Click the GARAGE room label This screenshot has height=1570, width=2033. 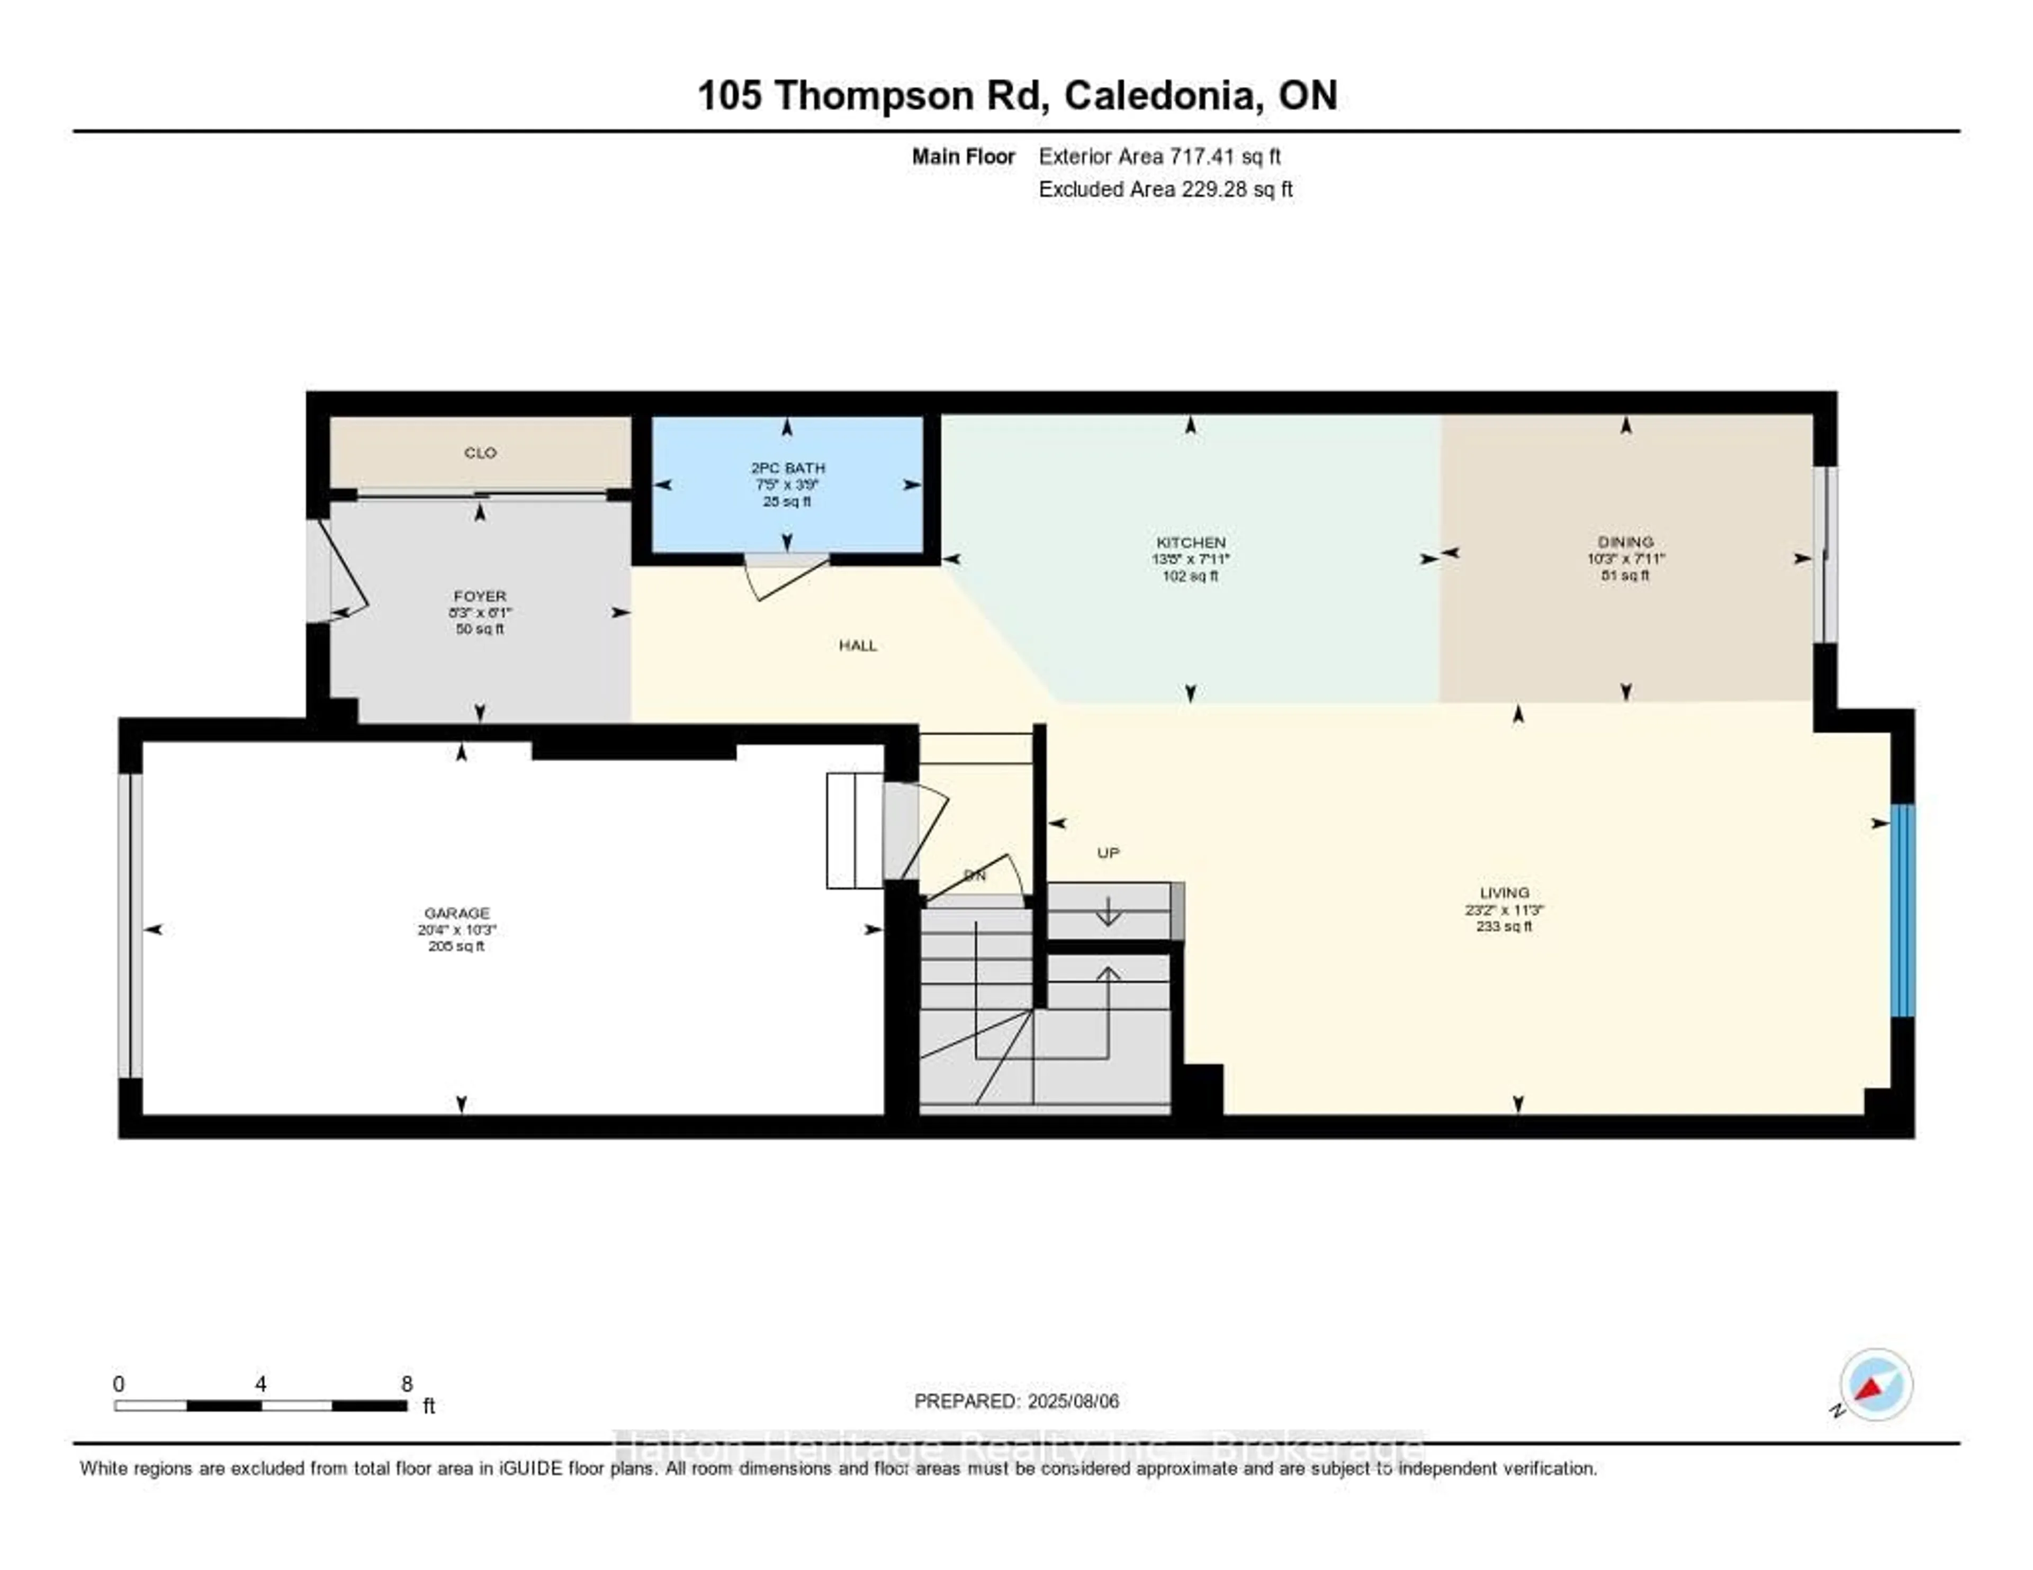pos(456,913)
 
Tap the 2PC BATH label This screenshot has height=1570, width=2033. pos(787,468)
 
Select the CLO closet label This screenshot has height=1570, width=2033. pos(480,453)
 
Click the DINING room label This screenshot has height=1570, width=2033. pos(1625,542)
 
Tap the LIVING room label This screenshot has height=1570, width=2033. pos(1504,892)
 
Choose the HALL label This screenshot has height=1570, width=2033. pos(857,645)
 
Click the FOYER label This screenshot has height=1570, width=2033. pos(479,595)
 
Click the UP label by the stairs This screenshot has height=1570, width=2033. pos(1108,852)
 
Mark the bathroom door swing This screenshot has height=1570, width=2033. pos(782,577)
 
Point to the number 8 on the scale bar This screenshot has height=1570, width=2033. pos(407,1384)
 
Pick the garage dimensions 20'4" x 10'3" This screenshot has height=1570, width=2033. pos(456,930)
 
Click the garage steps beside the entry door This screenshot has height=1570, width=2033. pos(853,830)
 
